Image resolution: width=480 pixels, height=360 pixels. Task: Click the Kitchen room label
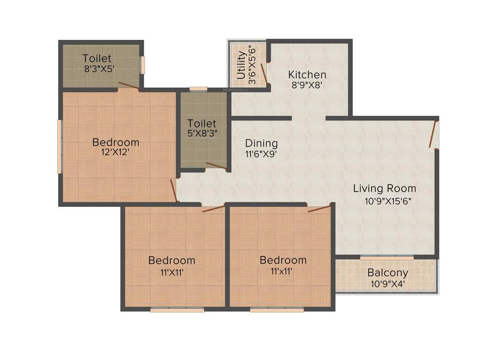[x=307, y=75]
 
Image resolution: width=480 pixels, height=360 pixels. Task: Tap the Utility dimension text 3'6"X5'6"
[x=252, y=68]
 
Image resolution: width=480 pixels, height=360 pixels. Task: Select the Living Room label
[x=384, y=188]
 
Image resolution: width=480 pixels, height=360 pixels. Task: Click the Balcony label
[x=387, y=272]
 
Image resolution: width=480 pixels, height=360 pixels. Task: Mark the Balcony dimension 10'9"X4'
[x=387, y=284]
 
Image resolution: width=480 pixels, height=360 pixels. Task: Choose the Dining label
[x=261, y=143]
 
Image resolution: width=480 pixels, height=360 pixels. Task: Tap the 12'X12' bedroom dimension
[x=115, y=152]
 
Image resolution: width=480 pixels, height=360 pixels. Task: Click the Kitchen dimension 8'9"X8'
[x=307, y=85]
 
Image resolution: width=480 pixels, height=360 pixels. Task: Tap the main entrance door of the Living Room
[x=434, y=134]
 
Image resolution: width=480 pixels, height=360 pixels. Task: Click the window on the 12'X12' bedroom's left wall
[x=60, y=147]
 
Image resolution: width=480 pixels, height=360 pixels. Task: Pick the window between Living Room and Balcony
[x=387, y=258]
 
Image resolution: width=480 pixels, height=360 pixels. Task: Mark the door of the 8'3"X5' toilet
[x=128, y=85]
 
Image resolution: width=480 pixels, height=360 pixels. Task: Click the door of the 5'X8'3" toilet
[x=216, y=165]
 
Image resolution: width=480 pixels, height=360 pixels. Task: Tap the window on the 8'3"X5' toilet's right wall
[x=143, y=65]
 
